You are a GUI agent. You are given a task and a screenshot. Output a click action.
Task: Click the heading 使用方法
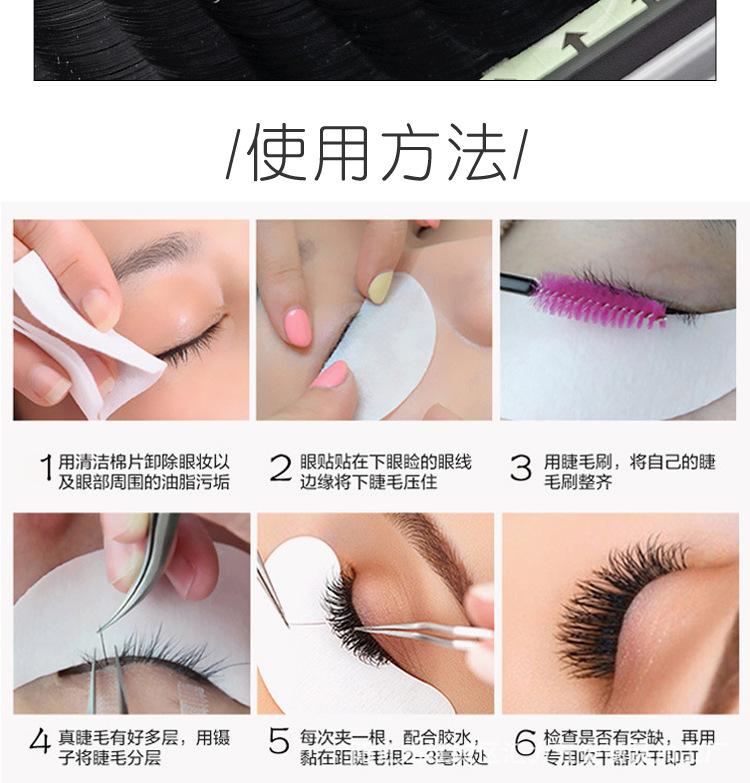click(375, 152)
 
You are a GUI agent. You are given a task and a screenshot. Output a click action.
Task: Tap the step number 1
click(46, 468)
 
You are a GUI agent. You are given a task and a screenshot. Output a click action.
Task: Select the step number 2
click(280, 468)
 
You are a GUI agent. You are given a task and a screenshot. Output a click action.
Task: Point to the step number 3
click(520, 468)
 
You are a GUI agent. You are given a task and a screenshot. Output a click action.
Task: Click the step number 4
click(40, 741)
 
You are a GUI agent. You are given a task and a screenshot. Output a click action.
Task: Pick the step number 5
click(279, 741)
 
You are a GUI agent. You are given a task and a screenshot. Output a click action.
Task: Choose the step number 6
click(525, 742)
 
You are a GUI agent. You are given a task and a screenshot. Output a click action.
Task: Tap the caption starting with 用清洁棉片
click(144, 471)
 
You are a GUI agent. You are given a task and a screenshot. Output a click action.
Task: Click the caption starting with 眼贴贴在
click(385, 471)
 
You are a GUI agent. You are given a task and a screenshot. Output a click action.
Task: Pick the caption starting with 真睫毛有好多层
click(144, 747)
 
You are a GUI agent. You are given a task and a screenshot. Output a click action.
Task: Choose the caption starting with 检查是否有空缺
click(629, 747)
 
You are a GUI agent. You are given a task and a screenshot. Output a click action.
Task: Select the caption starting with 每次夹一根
click(393, 747)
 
